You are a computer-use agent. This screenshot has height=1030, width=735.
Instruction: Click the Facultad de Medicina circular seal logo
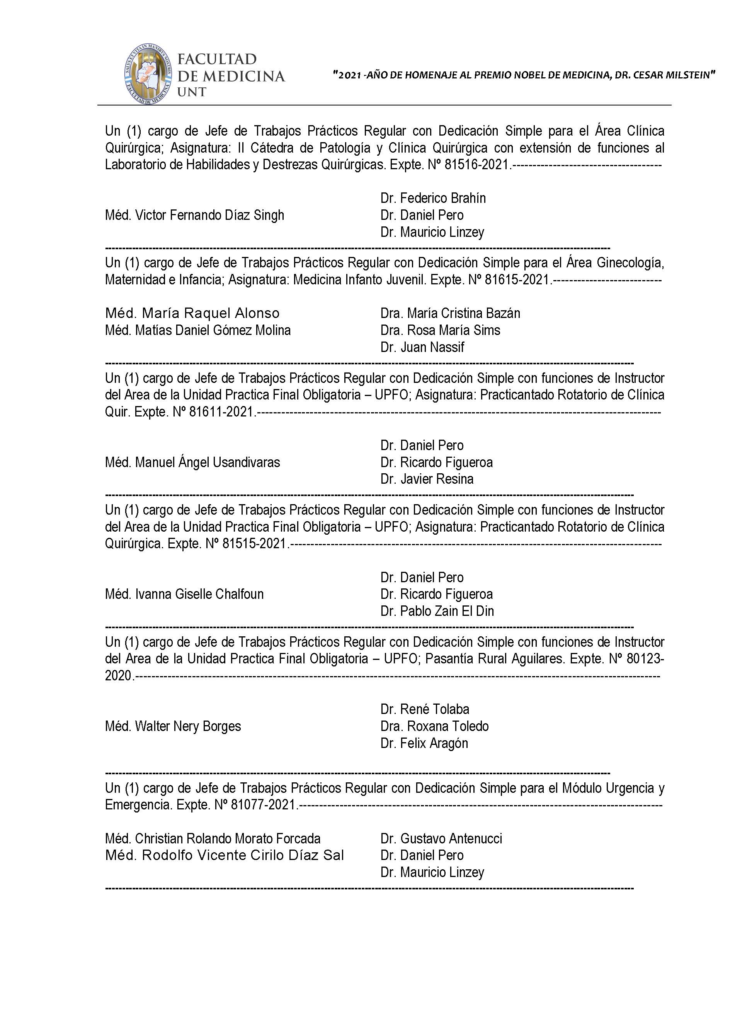click(x=148, y=74)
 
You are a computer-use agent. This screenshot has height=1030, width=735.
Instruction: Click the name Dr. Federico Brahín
click(x=433, y=198)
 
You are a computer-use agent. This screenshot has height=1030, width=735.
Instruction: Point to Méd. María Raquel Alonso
click(x=192, y=313)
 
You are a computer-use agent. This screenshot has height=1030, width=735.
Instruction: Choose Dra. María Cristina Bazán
click(x=450, y=313)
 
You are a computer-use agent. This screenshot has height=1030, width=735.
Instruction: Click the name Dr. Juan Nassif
click(x=422, y=347)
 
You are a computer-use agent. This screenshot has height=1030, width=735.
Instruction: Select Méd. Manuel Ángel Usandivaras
click(x=192, y=462)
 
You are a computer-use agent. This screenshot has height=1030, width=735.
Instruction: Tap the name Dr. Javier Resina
click(x=426, y=479)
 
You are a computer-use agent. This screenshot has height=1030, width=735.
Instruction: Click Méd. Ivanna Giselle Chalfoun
click(x=184, y=594)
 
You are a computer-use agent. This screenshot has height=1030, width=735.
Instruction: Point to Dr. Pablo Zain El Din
click(x=437, y=611)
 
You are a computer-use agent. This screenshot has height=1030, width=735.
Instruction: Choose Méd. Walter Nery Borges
click(x=172, y=726)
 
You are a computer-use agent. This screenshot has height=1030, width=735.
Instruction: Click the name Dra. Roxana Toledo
click(x=434, y=726)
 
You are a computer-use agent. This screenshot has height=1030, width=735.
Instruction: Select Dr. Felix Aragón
click(x=424, y=743)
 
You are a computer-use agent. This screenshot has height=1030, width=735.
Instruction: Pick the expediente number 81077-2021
click(x=263, y=805)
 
